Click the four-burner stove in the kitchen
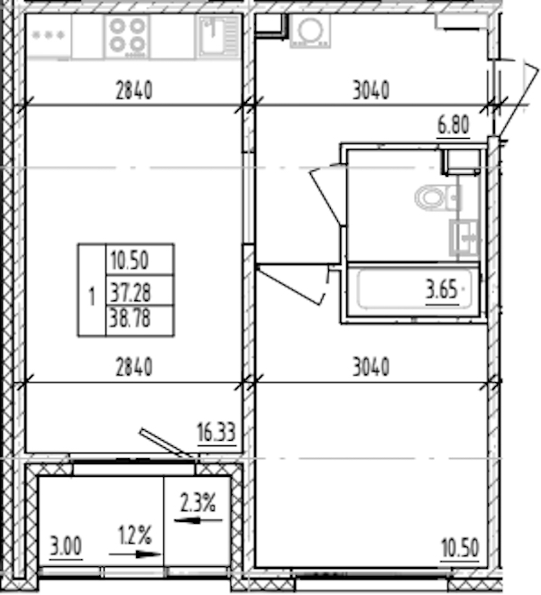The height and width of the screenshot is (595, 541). pos(127,36)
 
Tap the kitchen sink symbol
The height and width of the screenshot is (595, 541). pos(218,36)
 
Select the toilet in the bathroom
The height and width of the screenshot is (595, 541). pos(437,197)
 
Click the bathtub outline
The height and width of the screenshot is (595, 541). pos(415,289)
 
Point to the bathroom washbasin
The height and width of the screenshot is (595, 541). pos(464,238)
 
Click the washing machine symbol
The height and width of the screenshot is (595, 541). pos(310,32)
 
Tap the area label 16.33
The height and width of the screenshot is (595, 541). pos(216,432)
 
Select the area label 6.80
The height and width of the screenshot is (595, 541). pos(454,124)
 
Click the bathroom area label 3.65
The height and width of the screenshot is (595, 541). pos(442,290)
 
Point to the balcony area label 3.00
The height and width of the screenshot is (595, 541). pos(66,547)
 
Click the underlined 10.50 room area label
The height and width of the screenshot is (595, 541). pos(460,548)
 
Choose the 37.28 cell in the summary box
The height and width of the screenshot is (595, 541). pos(130,293)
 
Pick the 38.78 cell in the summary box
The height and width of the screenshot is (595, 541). pos(130,318)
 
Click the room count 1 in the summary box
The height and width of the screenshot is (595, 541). pos(91,297)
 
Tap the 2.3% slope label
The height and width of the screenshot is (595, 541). pos(197,503)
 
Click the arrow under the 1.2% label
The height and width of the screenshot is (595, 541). pos(134,554)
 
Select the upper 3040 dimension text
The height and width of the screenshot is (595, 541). pos(371,91)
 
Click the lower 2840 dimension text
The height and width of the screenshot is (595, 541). pos(134,367)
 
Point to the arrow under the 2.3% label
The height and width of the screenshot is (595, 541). pos(197,520)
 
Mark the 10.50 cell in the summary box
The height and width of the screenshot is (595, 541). pos(130,261)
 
